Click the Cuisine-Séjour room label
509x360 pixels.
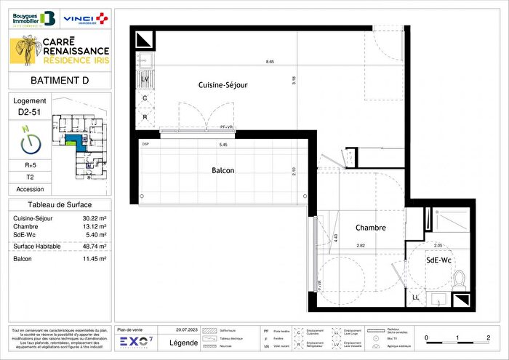pyautogui.click(x=223, y=85)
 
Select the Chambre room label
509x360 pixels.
pyautogui.click(x=370, y=228)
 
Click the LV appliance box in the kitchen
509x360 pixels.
pyautogui.click(x=145, y=79)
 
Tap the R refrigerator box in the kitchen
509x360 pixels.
pyautogui.click(x=145, y=116)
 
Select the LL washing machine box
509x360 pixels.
pyautogui.click(x=415, y=297)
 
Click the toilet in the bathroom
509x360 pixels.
pyautogui.click(x=458, y=278)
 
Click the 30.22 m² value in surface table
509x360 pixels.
pyautogui.click(x=93, y=218)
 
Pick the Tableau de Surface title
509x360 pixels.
pyautogui.click(x=60, y=205)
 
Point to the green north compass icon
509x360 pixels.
pyautogui.click(x=29, y=141)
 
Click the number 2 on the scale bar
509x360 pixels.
pyautogui.click(x=488, y=337)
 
